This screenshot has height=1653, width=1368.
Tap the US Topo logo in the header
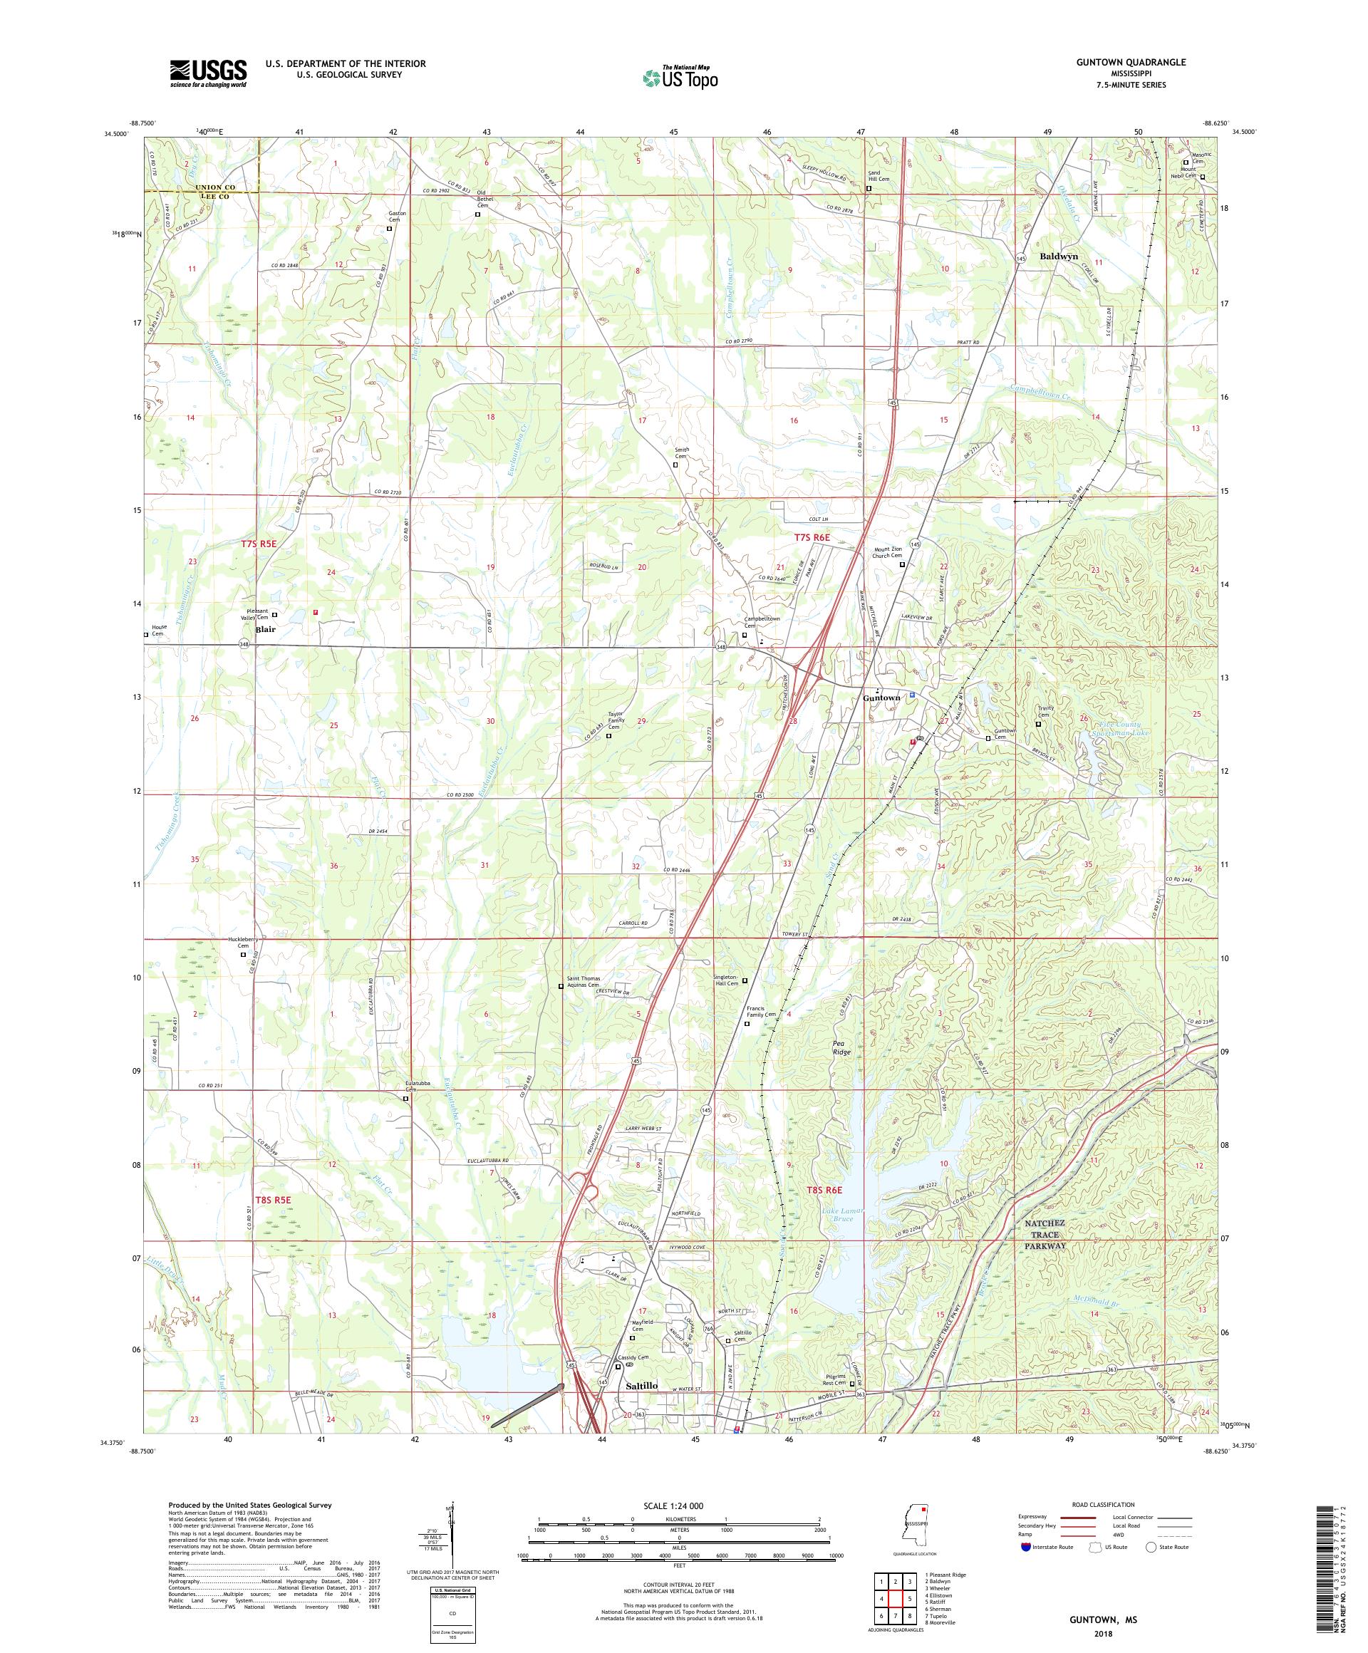pos(681,77)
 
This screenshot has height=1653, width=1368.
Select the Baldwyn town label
pos(1059,256)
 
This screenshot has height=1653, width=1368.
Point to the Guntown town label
pos(881,698)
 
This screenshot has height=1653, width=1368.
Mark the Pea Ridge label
pos(843,1047)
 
